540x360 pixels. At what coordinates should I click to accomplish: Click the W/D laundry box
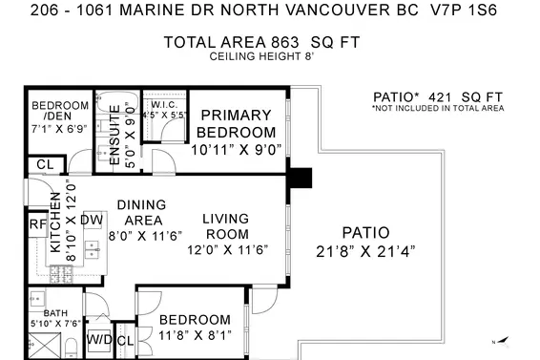(99, 339)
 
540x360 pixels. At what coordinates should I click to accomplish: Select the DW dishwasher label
(92, 221)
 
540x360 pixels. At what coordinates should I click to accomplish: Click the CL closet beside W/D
(124, 340)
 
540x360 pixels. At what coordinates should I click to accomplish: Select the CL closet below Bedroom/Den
(45, 165)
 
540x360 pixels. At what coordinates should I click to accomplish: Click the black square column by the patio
(301, 178)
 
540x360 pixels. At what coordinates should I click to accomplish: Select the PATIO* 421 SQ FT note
(437, 97)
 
